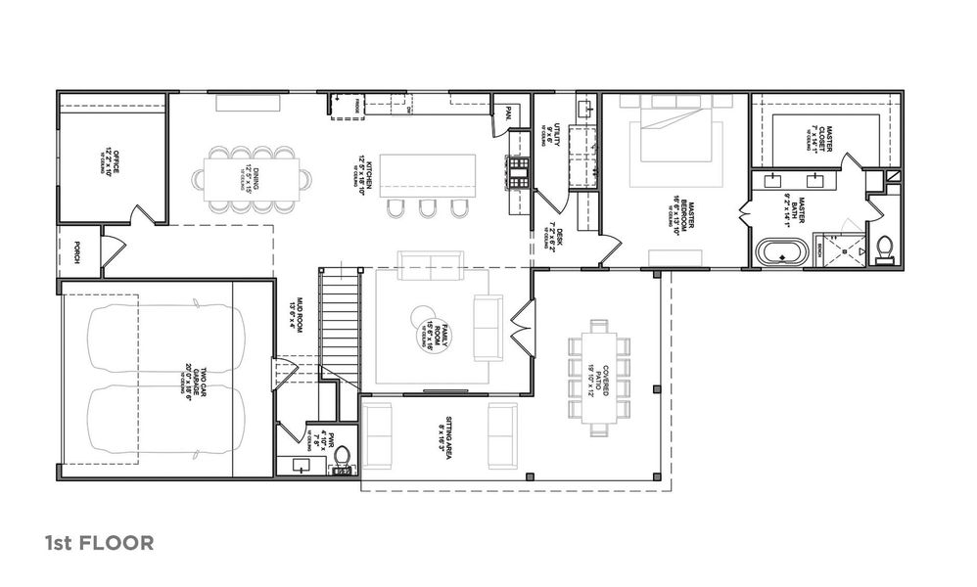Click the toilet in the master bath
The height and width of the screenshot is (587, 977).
(x=884, y=248)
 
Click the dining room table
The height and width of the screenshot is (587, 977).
(x=253, y=178)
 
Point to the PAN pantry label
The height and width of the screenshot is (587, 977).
(x=507, y=113)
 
